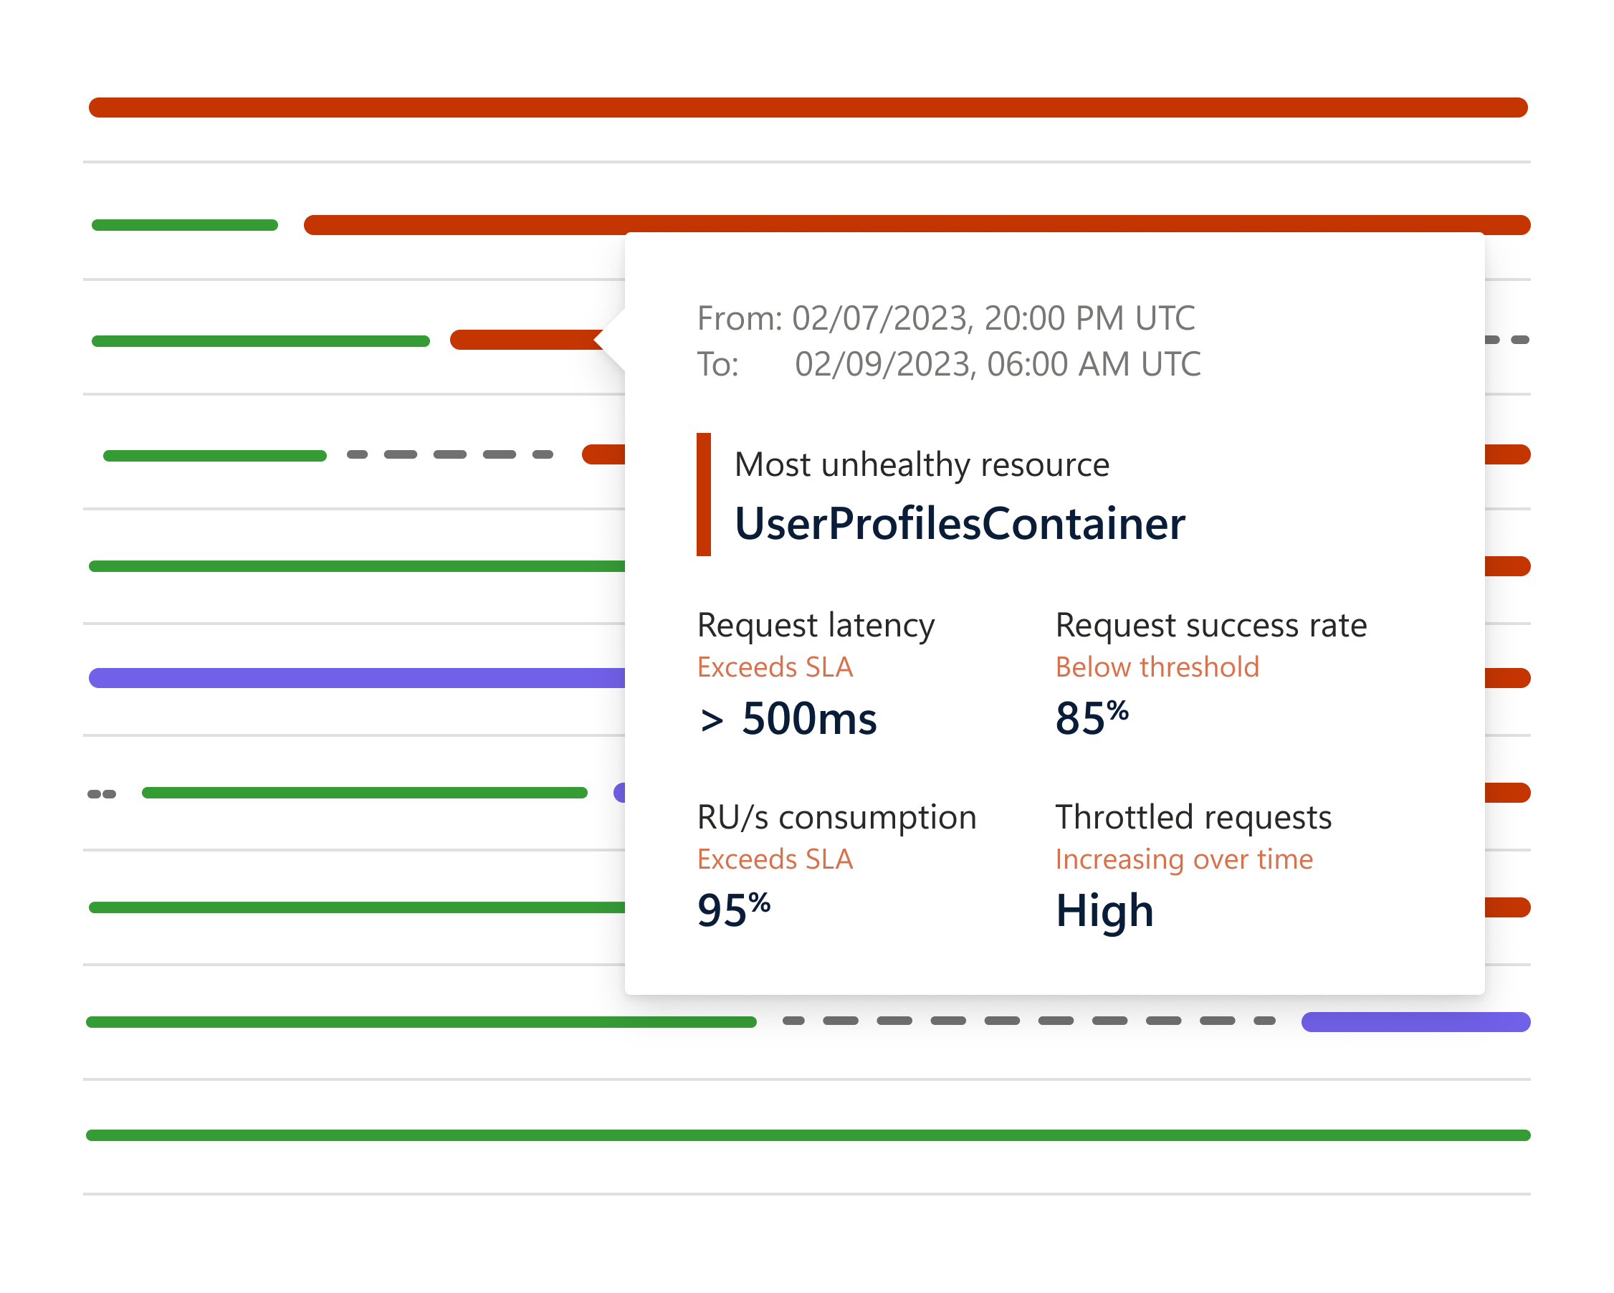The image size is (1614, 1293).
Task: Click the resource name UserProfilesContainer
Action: point(959,523)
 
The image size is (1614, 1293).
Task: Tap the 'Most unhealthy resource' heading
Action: point(922,465)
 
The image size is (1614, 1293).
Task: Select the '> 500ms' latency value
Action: point(787,719)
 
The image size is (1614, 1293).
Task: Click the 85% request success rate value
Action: point(1092,717)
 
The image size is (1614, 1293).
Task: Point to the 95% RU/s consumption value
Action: point(734,910)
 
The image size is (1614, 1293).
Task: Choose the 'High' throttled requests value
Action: point(1104,911)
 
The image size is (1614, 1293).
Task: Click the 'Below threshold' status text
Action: point(1157,667)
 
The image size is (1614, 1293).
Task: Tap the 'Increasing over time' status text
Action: point(1183,859)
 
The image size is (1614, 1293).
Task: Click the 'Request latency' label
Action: point(816,626)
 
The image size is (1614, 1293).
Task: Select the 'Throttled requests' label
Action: point(1193,818)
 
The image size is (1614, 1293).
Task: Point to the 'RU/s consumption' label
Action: point(837,818)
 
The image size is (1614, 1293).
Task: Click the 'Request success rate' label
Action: point(1211,625)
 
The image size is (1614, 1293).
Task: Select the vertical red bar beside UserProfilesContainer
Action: point(704,494)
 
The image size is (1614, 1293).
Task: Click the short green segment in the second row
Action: point(185,225)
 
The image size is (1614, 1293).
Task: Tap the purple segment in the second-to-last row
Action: point(1415,1022)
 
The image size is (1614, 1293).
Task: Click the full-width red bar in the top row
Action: point(808,107)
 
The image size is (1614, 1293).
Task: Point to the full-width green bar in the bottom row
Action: point(808,1136)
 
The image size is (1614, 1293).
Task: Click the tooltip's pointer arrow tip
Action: point(595,339)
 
